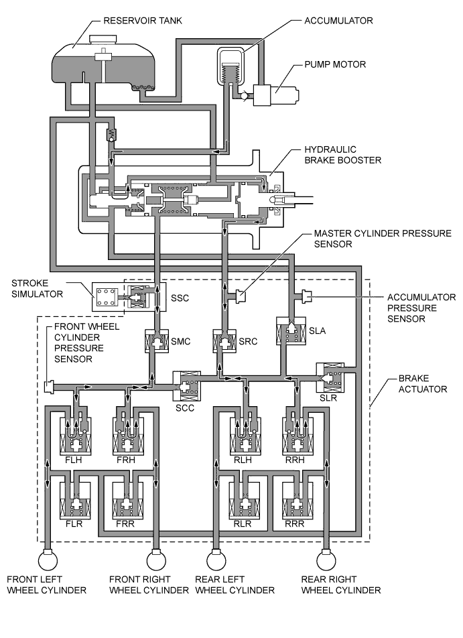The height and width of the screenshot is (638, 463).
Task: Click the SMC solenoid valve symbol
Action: coord(155,342)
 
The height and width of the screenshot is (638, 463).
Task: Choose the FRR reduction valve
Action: coord(126,501)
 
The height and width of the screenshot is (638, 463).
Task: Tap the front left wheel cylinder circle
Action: coord(48,558)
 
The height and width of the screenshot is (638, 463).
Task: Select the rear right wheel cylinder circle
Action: coord(328,558)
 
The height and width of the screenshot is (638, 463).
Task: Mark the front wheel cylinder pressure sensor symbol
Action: coord(49,387)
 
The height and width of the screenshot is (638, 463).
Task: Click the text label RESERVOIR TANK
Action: coord(143,21)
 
